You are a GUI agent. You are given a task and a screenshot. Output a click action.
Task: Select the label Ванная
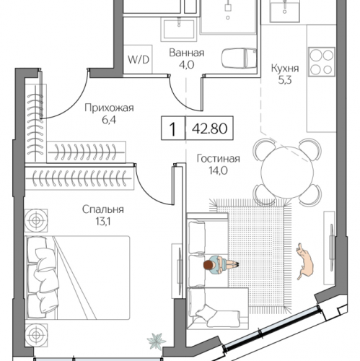point(187,53)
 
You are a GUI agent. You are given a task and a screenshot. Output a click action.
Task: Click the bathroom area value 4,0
point(187,64)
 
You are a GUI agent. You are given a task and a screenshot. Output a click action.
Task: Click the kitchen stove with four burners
point(320,61)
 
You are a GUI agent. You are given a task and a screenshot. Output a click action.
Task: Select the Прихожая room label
point(110,108)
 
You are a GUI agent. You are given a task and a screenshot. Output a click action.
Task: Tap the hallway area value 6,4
point(110,120)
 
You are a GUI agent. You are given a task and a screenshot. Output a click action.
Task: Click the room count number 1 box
point(172,130)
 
